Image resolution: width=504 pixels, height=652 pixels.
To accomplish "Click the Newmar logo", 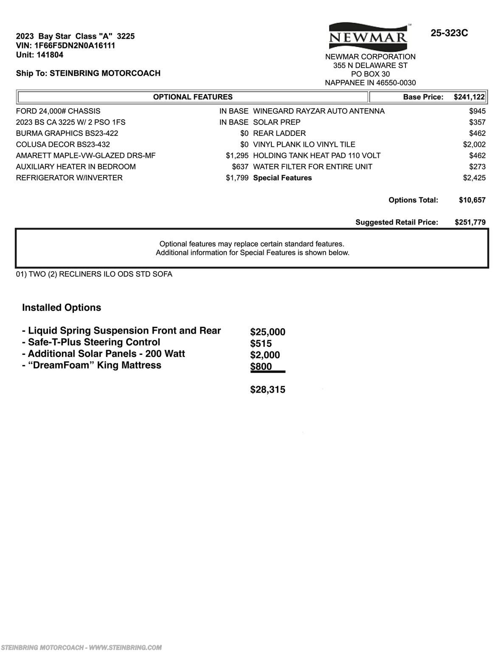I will [368, 37].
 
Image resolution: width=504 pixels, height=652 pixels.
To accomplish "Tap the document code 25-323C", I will [449, 33].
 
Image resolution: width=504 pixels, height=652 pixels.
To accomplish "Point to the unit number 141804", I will [50, 55].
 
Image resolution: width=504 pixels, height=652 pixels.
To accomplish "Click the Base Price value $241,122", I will [469, 97].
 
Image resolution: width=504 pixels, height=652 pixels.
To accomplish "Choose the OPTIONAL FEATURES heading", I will [193, 97].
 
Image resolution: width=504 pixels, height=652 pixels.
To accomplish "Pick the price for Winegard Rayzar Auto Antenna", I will [477, 111].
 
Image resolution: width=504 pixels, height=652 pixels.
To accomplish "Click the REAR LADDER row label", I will [279, 133].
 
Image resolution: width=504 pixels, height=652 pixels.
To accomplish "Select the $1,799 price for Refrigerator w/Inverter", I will [237, 178].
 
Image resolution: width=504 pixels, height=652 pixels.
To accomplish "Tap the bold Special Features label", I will [282, 178].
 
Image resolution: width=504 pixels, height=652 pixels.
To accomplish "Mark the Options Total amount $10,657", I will [472, 200].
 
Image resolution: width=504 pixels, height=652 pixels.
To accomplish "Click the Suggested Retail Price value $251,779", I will [470, 222].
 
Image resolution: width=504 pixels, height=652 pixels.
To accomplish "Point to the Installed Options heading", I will [62, 308].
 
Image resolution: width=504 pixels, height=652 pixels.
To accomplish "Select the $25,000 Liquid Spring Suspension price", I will [267, 332].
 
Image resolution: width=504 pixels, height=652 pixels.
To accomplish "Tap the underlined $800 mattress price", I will [261, 367].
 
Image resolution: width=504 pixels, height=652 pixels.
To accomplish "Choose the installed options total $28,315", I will [267, 390].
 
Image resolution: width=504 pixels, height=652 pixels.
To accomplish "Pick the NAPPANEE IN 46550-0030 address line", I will [370, 83].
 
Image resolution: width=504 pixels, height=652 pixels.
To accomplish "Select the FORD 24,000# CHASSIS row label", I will [58, 111].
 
